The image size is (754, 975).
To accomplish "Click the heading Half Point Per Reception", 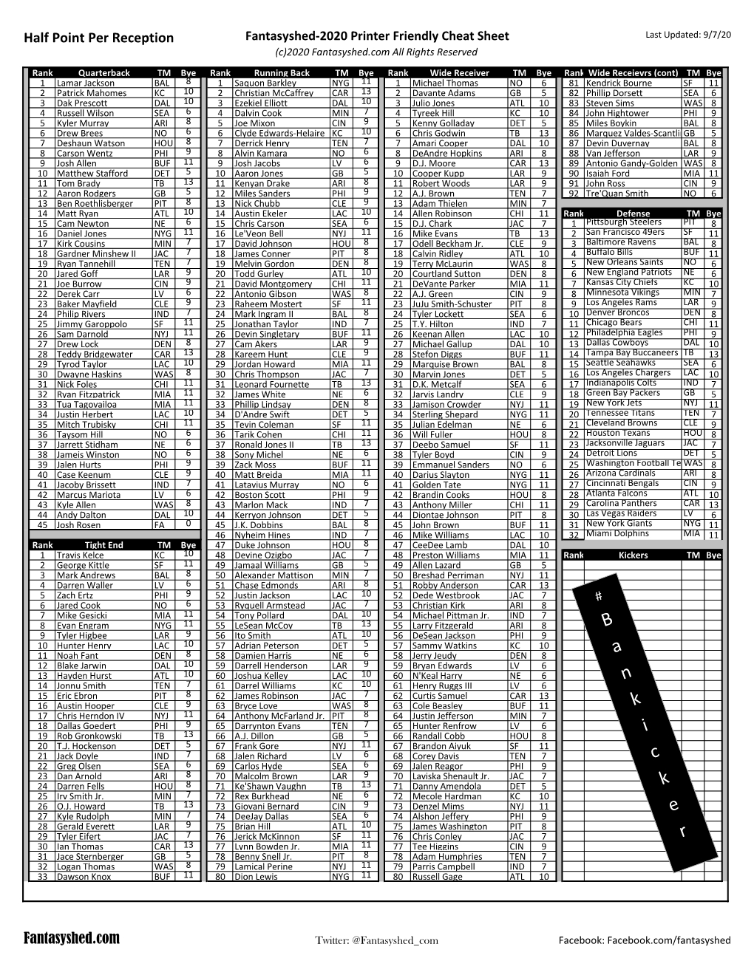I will [98, 38].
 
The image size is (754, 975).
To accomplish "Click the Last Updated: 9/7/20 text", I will [687, 35].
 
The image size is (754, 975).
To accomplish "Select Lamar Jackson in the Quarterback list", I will [86, 83].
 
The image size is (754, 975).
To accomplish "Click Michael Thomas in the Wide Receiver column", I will [445, 83].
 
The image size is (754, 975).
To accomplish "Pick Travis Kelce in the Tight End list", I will [81, 555].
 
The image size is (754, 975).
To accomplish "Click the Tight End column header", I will [104, 545].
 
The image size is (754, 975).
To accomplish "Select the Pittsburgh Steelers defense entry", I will [623, 222].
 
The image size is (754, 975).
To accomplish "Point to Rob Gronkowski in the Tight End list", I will [89, 736].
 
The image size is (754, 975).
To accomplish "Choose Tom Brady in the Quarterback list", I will [78, 183].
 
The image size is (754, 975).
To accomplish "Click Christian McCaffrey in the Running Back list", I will [274, 93].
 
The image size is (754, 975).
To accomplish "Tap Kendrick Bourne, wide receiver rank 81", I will [619, 83].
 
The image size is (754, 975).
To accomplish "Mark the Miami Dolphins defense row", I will [618, 533].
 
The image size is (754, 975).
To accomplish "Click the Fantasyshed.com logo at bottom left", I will [72, 938].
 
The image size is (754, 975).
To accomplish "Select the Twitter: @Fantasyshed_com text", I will [376, 940].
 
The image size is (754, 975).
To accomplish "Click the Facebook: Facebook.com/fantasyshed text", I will [644, 940].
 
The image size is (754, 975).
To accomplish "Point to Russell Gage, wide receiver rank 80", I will [437, 877].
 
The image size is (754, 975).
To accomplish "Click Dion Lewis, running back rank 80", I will [256, 877].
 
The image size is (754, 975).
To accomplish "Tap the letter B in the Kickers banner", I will [607, 620].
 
